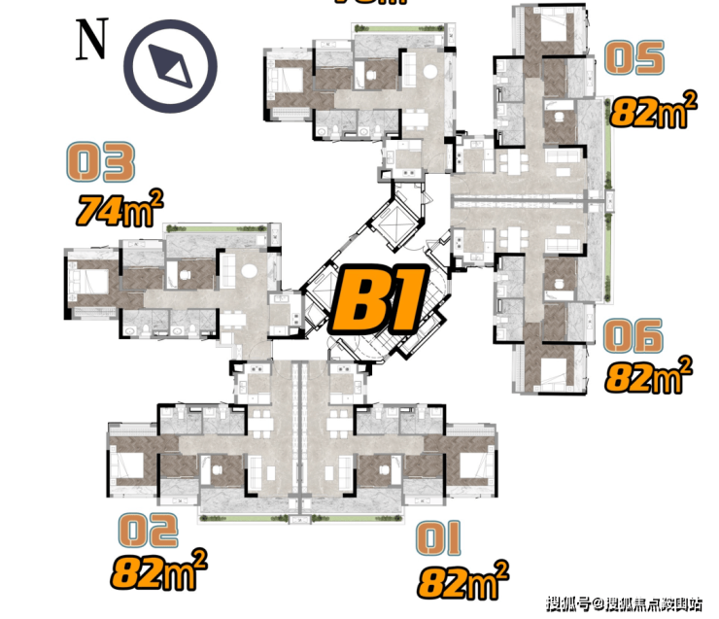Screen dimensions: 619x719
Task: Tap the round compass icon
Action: (x=176, y=65)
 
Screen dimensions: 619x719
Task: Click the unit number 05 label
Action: (x=635, y=58)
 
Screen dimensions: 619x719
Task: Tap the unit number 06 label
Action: (x=633, y=336)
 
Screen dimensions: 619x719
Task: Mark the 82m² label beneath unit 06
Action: (x=649, y=374)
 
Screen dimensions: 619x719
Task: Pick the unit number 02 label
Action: (x=148, y=531)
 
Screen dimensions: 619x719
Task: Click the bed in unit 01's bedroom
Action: (x=473, y=467)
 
